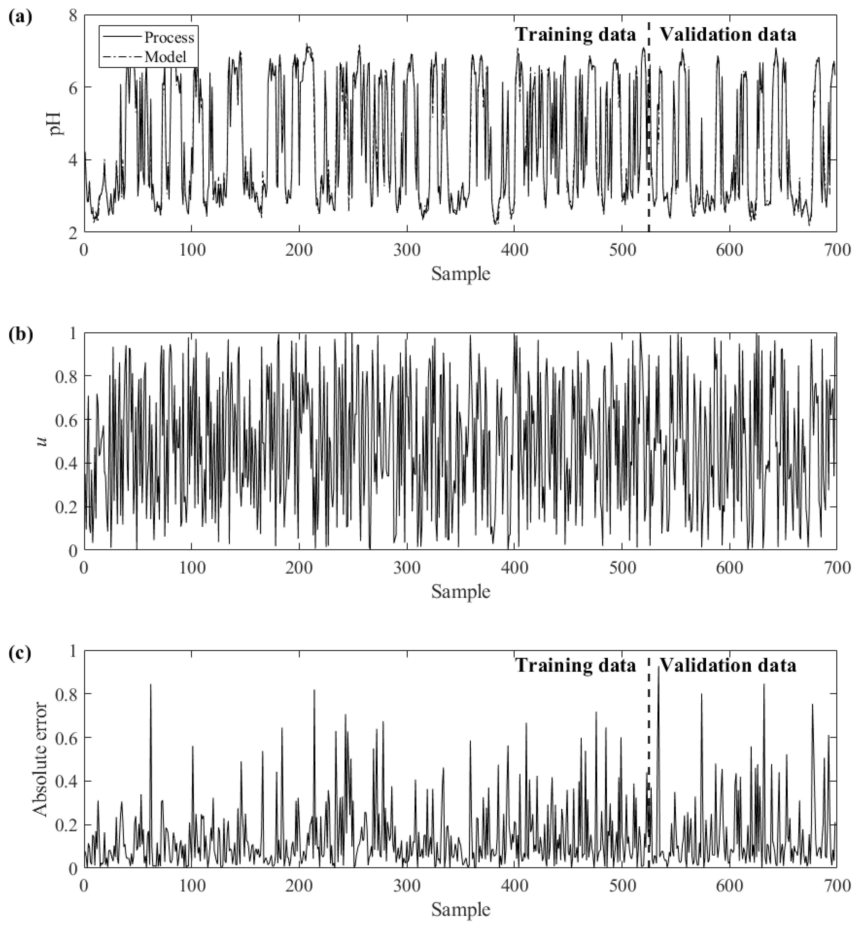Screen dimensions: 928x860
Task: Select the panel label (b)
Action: [21, 335]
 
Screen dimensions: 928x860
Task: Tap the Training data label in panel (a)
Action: [575, 34]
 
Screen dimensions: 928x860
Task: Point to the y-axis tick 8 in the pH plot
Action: [73, 15]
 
